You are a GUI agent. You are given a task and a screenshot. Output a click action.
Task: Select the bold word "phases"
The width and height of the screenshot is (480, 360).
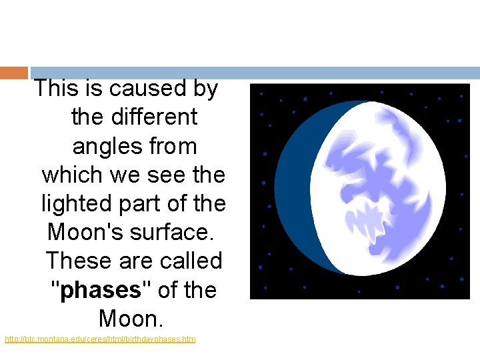[100, 291]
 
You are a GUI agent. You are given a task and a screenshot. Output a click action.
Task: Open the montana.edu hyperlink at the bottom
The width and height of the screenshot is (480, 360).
[100, 340]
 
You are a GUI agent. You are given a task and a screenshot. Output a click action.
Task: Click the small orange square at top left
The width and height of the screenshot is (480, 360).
[14, 73]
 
